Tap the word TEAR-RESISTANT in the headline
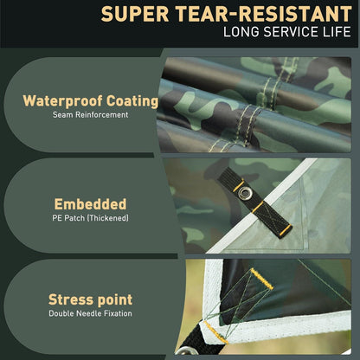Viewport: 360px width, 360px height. pos(263,14)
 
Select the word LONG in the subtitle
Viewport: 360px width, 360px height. pos(241,32)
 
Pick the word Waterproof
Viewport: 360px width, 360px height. pos(62,101)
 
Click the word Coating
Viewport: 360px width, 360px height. pos(132,101)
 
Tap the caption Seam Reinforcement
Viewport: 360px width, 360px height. pos(90,114)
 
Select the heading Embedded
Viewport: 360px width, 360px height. pos(90,204)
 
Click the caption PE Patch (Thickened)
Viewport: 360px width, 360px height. pos(90,218)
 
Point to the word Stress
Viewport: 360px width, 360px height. pos(70,299)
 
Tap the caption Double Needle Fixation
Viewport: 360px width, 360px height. pos(90,313)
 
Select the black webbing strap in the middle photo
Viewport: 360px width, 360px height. pos(254,202)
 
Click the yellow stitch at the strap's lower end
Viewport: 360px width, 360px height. pos(286,230)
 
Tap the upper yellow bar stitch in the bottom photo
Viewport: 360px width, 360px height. pos(261,279)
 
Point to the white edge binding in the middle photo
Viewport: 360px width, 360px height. pos(262,205)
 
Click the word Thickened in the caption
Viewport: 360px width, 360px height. pos(108,218)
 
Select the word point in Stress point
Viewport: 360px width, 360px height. pos(115,300)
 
